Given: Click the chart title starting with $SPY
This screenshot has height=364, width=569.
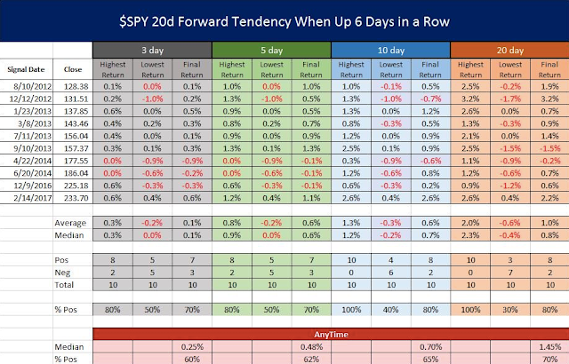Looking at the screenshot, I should point(284,19).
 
